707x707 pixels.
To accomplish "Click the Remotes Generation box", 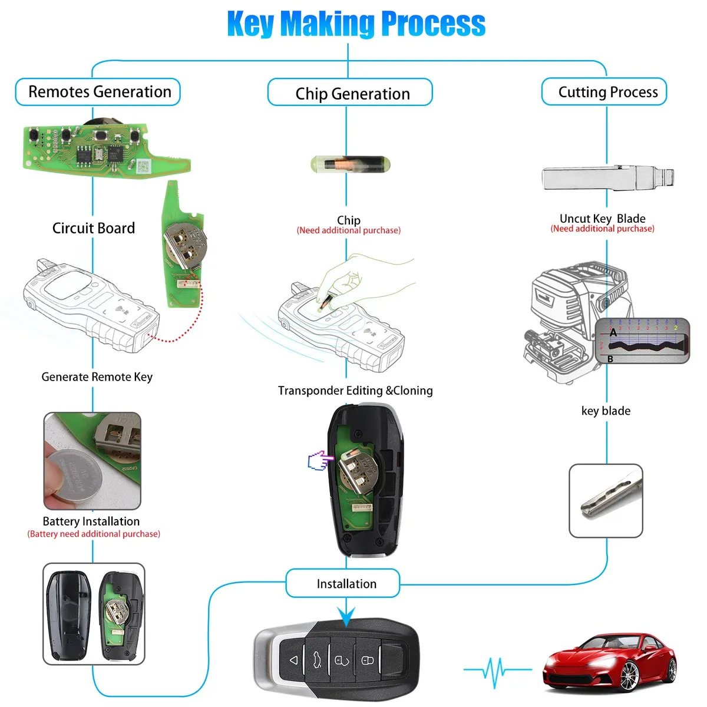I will tap(98, 92).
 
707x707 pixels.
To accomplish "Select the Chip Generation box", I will tap(350, 93).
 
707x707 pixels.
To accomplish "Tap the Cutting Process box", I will tap(604, 92).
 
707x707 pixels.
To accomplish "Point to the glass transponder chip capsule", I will tap(349, 164).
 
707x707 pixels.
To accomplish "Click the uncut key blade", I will tap(607, 178).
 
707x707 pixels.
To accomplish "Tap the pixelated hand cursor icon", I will tap(318, 461).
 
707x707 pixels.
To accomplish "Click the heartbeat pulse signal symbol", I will tap(495, 670).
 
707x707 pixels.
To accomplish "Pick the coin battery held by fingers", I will tap(73, 472).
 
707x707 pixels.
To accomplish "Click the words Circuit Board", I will tap(94, 228).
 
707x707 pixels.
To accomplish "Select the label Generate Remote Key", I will tap(97, 377).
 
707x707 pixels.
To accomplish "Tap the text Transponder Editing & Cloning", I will tap(355, 391).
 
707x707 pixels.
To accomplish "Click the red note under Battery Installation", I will tap(94, 534).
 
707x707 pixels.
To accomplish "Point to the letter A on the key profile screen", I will tap(613, 333).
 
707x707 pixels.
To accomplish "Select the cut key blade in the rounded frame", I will tap(606, 499).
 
